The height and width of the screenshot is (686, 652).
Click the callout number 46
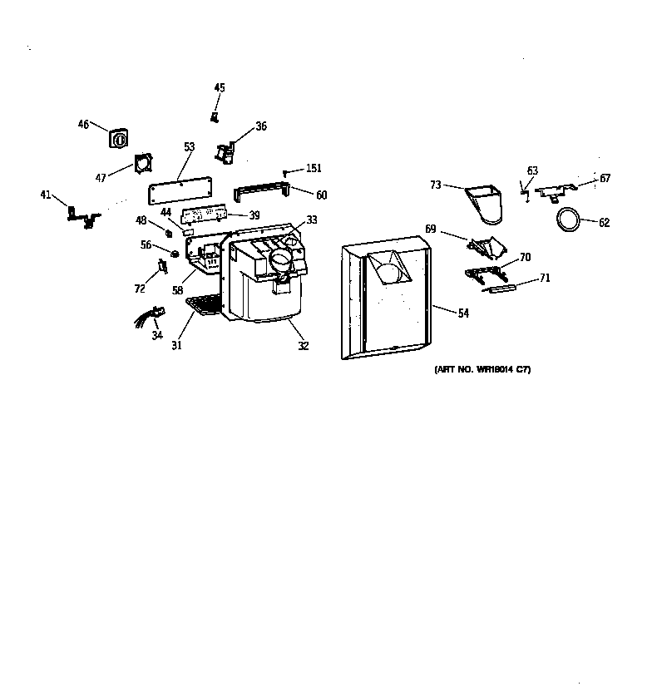83,125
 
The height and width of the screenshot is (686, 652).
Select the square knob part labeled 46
119,138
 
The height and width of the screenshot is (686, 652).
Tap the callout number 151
313,169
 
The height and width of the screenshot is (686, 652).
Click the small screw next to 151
286,172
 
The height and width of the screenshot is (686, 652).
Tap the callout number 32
304,346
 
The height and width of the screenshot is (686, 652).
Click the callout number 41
46,195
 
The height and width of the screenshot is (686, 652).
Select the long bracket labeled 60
261,192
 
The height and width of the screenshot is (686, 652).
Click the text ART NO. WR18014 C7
482,369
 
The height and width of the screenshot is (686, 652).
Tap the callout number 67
605,178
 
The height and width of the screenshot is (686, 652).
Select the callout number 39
254,215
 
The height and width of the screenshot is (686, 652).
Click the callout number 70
525,258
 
